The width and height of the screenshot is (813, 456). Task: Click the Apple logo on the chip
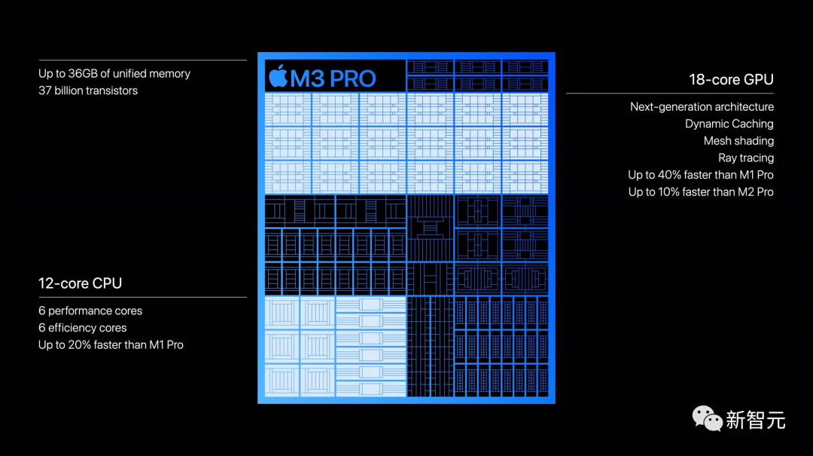point(278,76)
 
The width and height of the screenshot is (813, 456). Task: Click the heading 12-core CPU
point(80,283)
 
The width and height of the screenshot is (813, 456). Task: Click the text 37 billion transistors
point(88,90)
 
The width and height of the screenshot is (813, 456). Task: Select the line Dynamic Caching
point(729,124)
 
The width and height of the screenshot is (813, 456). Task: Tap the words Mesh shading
point(738,141)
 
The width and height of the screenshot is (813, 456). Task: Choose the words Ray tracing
point(745,158)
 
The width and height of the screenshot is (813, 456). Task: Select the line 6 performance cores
point(90,311)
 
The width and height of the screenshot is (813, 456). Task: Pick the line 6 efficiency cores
point(83,328)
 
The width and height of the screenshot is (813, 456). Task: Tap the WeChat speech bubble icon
point(706,418)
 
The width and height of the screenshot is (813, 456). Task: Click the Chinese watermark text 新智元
point(755,420)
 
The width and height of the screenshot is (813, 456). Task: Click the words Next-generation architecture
point(702,107)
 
